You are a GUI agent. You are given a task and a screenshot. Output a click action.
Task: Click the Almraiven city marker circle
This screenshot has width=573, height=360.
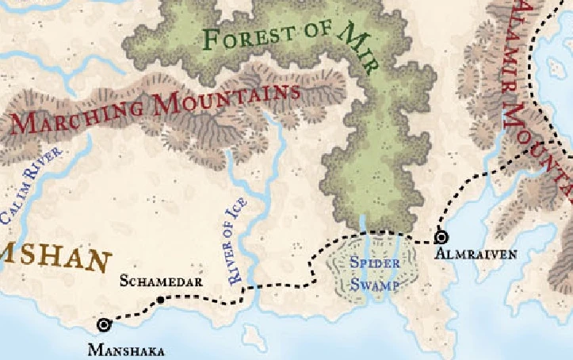click(x=441, y=236)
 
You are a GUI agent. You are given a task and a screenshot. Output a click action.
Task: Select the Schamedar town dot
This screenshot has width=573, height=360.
click(x=161, y=300)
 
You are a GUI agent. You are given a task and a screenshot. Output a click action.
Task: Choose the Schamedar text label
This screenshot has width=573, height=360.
click(x=162, y=281)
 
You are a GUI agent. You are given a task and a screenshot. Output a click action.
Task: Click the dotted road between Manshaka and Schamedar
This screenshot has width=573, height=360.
click(x=133, y=311)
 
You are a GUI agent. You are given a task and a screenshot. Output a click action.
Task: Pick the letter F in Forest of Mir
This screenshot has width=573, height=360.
click(x=212, y=39)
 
